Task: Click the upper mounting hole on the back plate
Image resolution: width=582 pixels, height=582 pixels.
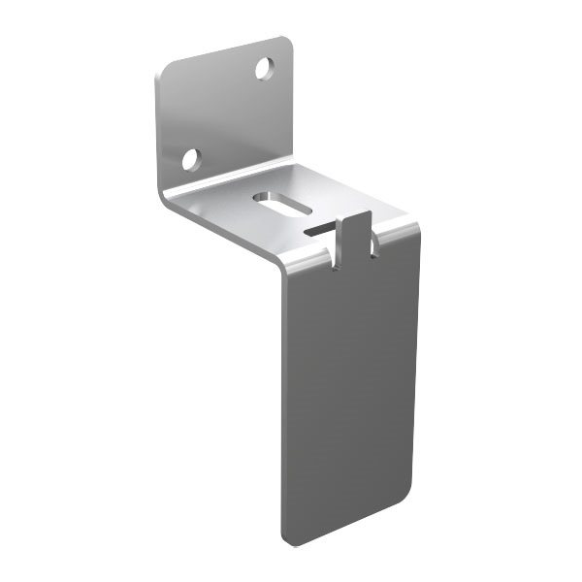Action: point(264,68)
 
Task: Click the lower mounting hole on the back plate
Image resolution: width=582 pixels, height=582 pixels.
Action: point(191,158)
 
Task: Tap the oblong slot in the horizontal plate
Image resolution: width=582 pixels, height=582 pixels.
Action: point(282,203)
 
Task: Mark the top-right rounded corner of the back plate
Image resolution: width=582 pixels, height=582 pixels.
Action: point(286,43)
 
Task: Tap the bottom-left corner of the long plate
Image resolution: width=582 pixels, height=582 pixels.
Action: point(285,537)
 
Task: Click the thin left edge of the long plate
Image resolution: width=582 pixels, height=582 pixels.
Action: point(282,407)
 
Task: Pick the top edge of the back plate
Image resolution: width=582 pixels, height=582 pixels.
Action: point(223,54)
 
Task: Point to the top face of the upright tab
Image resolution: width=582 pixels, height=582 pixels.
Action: point(356,215)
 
